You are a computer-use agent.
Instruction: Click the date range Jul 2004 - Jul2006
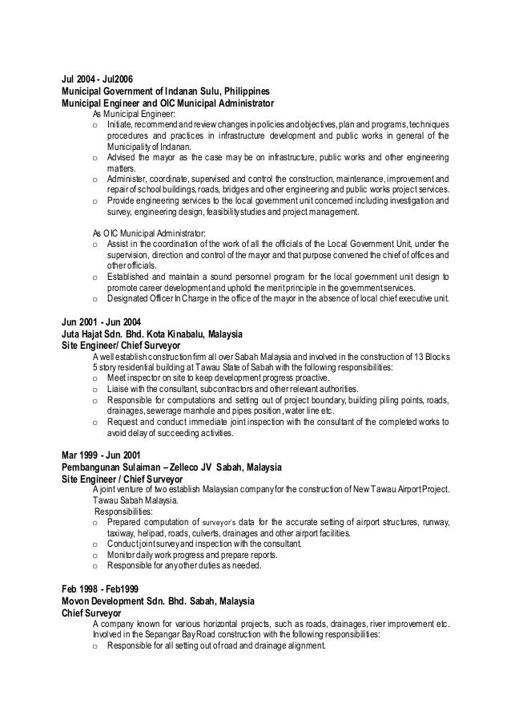coord(97,79)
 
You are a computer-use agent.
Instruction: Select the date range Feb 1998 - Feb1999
coord(98,587)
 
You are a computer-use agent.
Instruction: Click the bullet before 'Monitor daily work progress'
coord(96,554)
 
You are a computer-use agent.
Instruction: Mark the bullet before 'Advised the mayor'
coord(96,159)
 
